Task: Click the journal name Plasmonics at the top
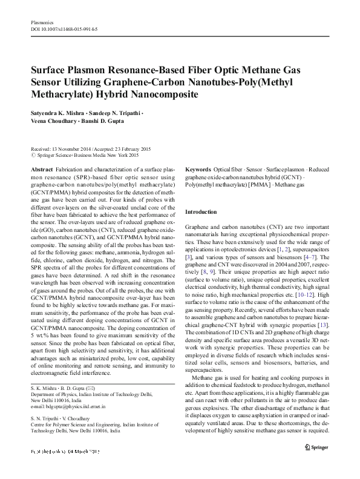click(41, 22)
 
